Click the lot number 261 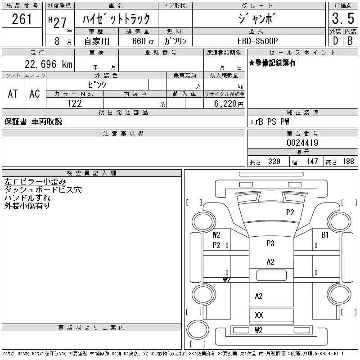click(x=22, y=19)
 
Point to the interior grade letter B click(x=350, y=40)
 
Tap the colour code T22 click(x=75, y=103)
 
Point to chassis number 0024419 click(x=302, y=143)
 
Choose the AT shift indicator click(x=13, y=94)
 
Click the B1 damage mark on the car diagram click(x=325, y=235)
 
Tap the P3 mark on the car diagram click(x=270, y=243)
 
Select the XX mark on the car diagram click(x=259, y=315)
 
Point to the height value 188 click(x=348, y=161)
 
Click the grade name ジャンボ click(x=259, y=19)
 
